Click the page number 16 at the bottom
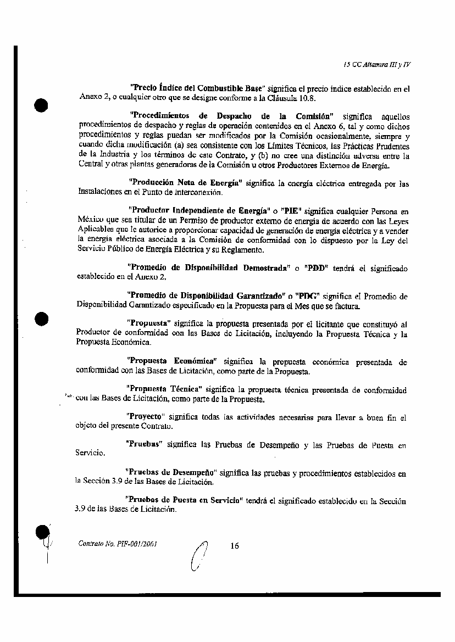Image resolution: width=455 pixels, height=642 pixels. click(x=235, y=545)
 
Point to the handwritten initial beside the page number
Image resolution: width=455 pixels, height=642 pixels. click(x=199, y=555)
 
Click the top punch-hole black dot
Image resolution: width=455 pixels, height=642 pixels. click(x=41, y=105)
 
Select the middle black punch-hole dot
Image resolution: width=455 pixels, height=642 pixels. click(x=41, y=319)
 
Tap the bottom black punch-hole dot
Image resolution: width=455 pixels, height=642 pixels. click(x=42, y=532)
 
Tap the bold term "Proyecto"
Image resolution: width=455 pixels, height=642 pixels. click(x=146, y=417)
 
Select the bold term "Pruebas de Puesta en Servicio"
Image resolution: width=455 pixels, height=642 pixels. click(x=185, y=500)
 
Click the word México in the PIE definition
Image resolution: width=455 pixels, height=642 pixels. click(x=90, y=219)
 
